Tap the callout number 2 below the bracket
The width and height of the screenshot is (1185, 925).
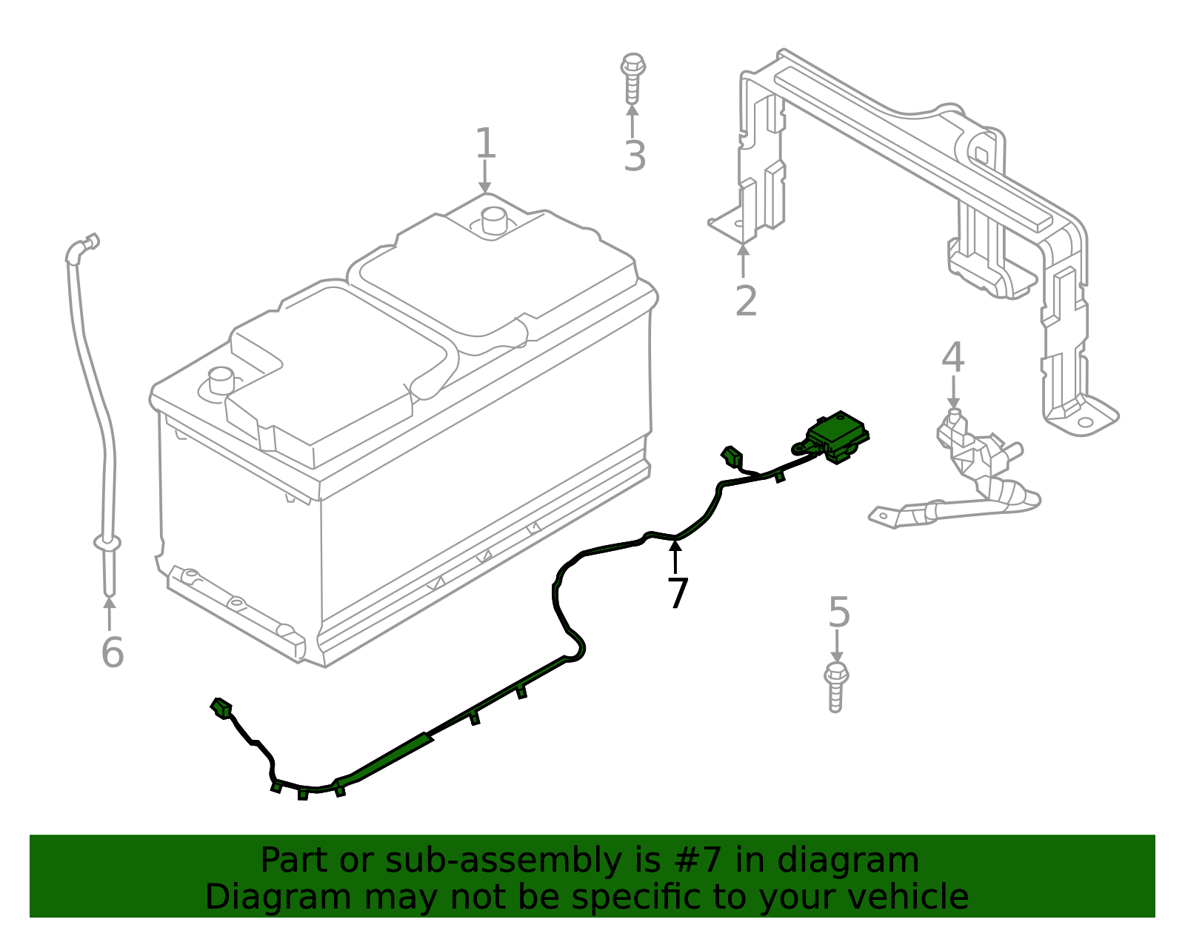pos(746,301)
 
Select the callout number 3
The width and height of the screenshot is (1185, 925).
pos(635,156)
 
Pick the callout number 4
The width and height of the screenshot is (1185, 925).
pos(952,358)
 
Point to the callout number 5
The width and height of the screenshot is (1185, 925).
pos(838,612)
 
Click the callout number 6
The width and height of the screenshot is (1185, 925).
pos(112,652)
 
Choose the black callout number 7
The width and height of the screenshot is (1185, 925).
pos(677,592)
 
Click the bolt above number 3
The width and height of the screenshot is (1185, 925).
pos(632,77)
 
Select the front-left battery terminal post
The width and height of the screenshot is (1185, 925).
pos(221,381)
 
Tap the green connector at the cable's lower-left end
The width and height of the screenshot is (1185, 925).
pos(221,707)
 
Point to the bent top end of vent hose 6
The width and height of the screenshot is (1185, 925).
pos(81,246)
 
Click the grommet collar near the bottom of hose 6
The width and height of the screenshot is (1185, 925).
pos(108,544)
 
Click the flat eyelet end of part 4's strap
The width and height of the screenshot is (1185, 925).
pos(883,515)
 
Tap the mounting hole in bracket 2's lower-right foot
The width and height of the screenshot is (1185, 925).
pos(1084,423)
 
